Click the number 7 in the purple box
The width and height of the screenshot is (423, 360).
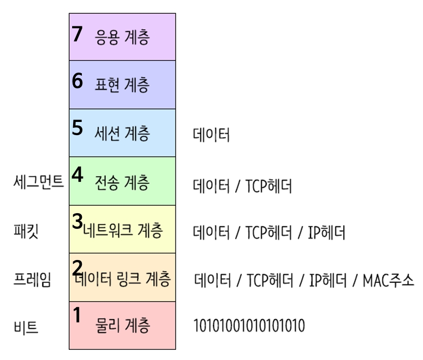pos(77,34)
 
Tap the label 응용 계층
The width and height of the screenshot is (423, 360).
pos(122,38)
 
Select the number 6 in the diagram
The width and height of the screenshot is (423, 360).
pos(77,81)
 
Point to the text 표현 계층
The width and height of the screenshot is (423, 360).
pos(122,85)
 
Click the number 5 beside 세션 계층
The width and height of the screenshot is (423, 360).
pos(77,128)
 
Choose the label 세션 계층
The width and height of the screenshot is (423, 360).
pos(122,133)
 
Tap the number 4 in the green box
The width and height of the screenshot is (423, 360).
pos(77,175)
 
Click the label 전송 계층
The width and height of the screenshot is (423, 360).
pos(122,183)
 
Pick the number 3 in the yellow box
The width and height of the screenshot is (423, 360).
pos(77,221)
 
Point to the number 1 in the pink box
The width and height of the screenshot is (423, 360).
pos(77,315)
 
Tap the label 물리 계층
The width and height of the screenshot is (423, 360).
pos(122,324)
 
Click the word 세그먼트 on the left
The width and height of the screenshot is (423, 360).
pos(38,182)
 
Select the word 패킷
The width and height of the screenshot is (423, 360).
pos(26,231)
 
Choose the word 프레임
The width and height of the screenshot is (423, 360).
pos(32,280)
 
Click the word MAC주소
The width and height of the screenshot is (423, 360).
pos(388,280)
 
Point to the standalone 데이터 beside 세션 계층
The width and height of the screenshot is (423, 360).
pos(211,135)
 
